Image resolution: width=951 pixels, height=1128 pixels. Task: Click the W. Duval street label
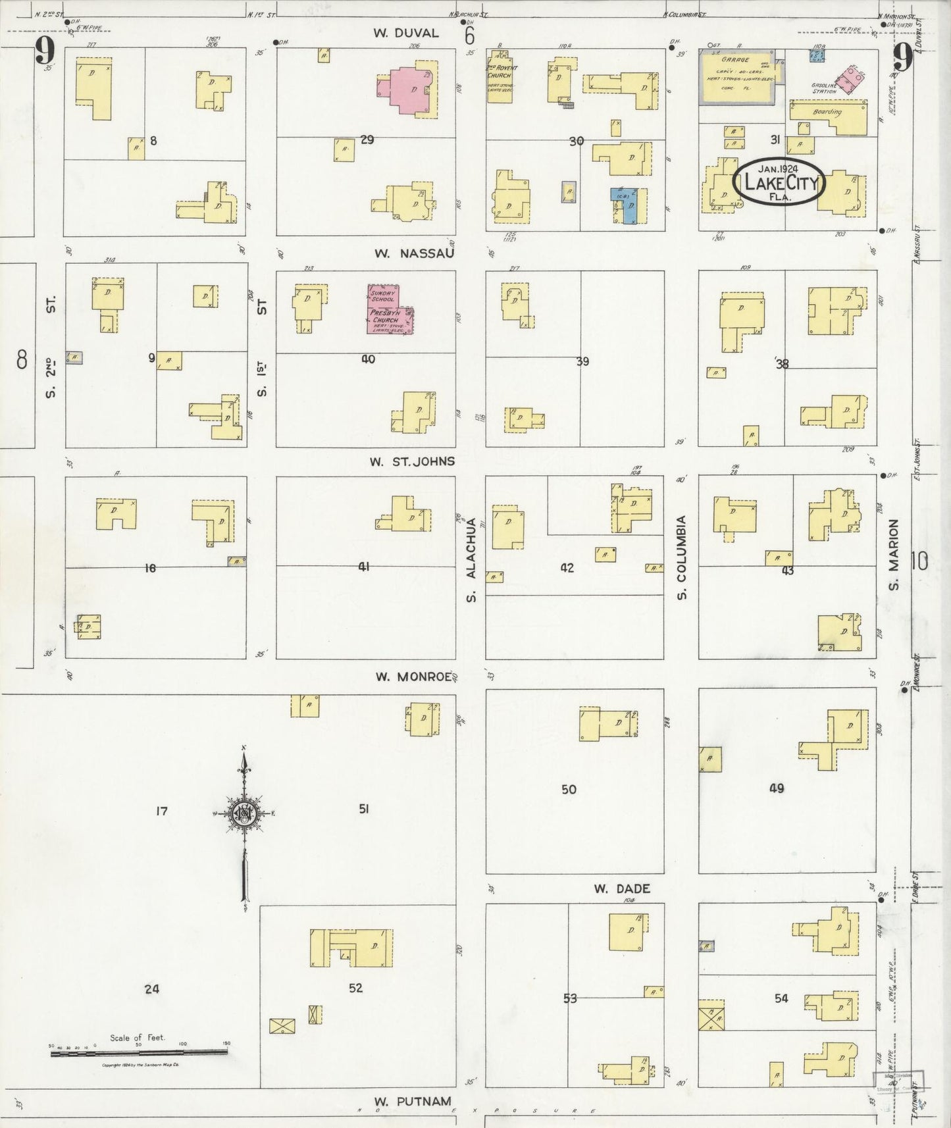tap(406, 33)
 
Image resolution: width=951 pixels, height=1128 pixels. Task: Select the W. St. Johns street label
tap(412, 461)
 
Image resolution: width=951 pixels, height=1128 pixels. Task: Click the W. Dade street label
tap(621, 888)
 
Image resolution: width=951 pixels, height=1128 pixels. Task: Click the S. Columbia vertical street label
tap(682, 557)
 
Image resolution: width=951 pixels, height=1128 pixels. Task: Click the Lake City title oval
tap(780, 180)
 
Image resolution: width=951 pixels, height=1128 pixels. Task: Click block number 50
tap(569, 789)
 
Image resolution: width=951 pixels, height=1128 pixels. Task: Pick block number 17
tap(161, 811)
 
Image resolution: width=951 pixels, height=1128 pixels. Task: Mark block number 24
tap(152, 988)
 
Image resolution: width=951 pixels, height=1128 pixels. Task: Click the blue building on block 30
tap(626, 205)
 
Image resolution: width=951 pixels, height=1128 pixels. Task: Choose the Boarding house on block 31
tap(828, 111)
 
